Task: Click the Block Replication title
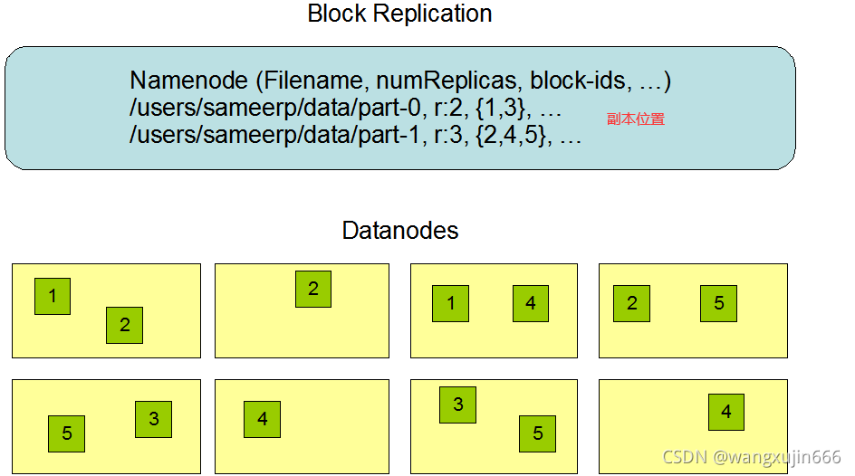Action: [x=399, y=14]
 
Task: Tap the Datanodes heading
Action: [x=399, y=231]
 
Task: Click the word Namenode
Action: [x=188, y=81]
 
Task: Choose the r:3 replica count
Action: [x=448, y=137]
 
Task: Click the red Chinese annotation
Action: [x=636, y=119]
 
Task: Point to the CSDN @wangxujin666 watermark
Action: [x=752, y=458]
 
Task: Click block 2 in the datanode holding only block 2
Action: [x=313, y=290]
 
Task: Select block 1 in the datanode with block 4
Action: [x=451, y=304]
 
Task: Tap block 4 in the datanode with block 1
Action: [x=531, y=304]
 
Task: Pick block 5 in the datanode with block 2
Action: [x=718, y=304]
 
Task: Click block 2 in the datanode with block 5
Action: [x=631, y=304]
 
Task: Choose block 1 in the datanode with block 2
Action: [x=53, y=296]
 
